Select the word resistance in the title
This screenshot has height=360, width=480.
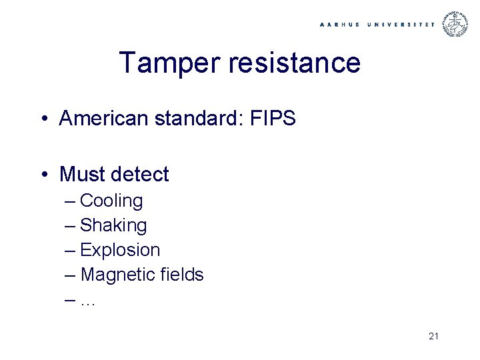[295, 63]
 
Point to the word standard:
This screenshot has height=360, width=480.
[200, 119]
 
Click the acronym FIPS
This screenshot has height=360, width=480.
[273, 119]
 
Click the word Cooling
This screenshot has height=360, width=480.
[111, 201]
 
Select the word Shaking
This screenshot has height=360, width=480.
[113, 225]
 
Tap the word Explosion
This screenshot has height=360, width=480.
[120, 250]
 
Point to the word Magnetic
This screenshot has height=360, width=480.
[113, 274]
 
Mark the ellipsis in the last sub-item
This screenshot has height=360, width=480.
[88, 301]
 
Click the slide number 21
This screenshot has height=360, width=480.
[433, 336]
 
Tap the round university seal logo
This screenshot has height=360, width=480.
[457, 23]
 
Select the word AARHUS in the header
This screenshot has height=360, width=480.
[340, 24]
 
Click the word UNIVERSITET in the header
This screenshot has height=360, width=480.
[400, 24]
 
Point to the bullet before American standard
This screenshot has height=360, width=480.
[42, 119]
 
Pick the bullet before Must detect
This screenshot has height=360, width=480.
[42, 175]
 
